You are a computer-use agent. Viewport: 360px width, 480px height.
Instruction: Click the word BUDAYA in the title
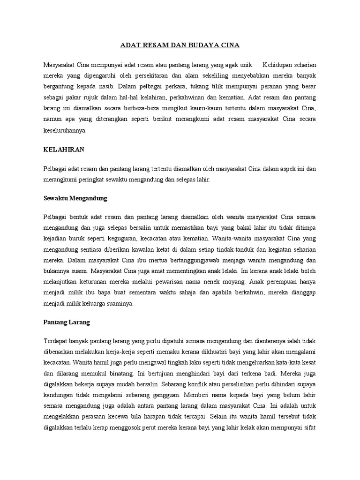206,45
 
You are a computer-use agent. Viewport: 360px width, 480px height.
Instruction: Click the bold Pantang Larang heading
66,322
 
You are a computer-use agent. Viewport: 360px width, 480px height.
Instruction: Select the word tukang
196,86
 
